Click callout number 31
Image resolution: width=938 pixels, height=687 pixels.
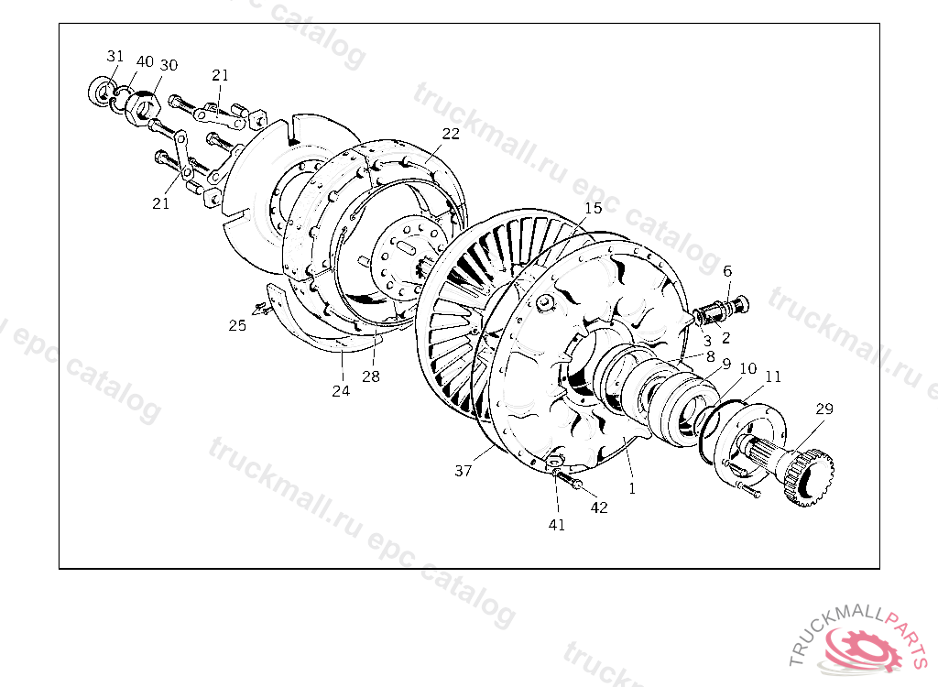115,56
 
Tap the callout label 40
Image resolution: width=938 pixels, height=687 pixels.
145,61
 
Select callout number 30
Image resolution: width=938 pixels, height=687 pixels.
169,65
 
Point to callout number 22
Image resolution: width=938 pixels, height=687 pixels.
451,134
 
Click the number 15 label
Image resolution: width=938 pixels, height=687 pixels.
593,208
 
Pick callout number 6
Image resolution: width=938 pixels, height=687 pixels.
727,271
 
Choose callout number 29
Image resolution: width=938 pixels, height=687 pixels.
824,409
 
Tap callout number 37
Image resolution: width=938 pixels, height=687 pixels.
463,471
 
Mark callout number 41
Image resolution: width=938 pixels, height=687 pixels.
557,525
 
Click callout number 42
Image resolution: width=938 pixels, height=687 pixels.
599,507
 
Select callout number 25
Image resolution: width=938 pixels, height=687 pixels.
237,325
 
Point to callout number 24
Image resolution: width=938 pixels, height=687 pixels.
341,391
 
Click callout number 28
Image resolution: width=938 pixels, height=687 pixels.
371,376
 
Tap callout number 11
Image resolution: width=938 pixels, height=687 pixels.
773,376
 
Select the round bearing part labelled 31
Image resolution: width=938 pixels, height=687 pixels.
102,93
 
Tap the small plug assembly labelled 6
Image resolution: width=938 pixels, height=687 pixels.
722,311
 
